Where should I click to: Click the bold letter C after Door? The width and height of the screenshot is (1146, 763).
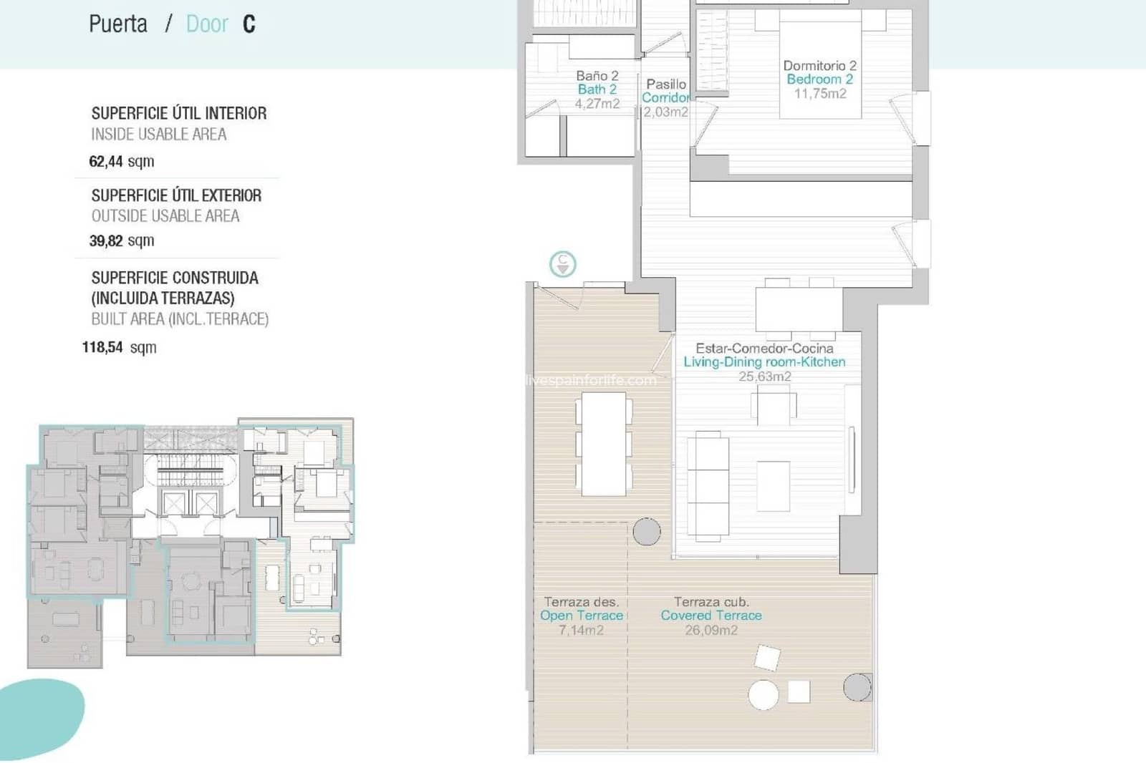[x=249, y=24]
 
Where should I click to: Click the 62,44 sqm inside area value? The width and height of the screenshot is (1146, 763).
[x=121, y=162]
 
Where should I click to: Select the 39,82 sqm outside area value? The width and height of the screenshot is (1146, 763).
[x=121, y=241]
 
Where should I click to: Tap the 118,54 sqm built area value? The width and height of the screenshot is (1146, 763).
[x=119, y=348]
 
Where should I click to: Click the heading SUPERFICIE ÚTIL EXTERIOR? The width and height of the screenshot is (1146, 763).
[x=176, y=195]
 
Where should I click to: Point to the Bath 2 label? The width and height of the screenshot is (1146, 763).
[x=597, y=89]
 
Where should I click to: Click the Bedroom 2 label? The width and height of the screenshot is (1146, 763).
[x=819, y=79]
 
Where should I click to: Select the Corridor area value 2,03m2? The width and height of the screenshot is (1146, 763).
[x=665, y=112]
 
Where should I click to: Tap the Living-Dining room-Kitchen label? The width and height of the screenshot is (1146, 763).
[x=764, y=362]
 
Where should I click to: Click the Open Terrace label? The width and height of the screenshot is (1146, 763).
[x=581, y=616]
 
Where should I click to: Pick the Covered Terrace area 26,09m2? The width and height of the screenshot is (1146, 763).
[x=711, y=631]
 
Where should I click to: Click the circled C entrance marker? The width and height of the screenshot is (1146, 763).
[x=562, y=264]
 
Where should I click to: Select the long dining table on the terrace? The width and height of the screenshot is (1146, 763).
[x=604, y=444]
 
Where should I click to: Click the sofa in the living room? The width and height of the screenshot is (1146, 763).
[x=708, y=485]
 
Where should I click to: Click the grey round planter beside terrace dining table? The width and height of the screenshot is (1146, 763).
[x=646, y=532]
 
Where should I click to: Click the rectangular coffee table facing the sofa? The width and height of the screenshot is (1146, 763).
[x=774, y=486]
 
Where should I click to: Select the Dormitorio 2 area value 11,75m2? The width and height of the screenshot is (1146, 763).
[x=819, y=94]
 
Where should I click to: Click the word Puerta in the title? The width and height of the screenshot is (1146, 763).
[x=118, y=24]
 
